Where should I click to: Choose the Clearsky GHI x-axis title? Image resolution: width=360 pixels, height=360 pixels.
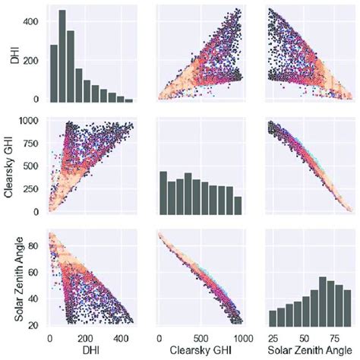[201, 352]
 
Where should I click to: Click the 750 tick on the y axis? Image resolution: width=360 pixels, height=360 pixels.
[30, 143]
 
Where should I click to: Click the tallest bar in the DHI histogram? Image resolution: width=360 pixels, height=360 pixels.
[62, 56]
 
